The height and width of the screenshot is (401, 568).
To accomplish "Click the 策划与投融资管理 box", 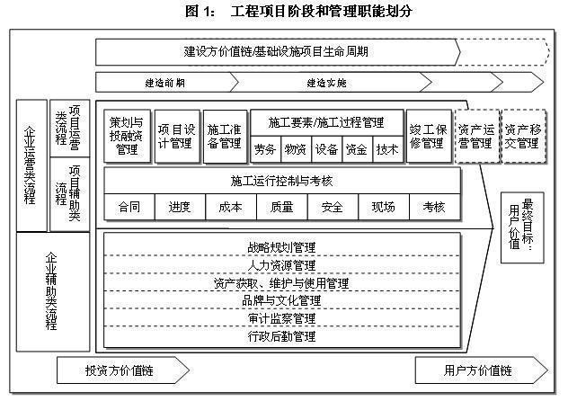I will (128, 136).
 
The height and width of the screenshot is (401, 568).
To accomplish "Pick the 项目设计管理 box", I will (175, 136).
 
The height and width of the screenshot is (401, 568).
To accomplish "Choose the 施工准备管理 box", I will (224, 136).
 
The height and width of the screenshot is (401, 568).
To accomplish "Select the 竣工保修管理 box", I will (427, 136).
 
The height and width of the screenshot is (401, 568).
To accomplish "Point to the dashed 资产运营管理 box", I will (475, 136).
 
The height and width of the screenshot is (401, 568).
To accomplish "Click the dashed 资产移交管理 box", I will (522, 136).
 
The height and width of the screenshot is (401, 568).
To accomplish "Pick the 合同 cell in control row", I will (129, 207).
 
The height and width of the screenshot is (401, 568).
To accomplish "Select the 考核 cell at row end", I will (434, 207).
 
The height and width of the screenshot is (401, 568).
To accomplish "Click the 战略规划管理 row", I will (281, 246).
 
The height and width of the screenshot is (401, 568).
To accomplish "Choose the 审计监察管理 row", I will (281, 318).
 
